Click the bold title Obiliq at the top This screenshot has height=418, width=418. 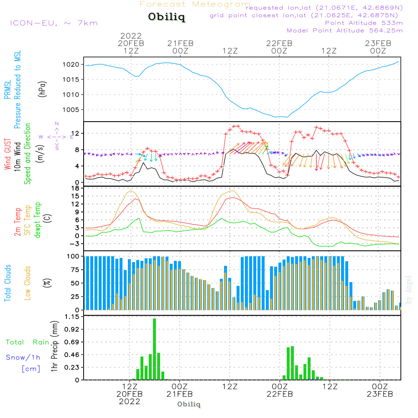coord(166,18)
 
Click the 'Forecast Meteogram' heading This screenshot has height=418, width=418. coord(195,5)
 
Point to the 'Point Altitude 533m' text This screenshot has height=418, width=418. coord(364,23)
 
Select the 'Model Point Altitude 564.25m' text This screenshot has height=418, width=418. coord(344,30)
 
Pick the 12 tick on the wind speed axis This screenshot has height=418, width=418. coord(76,133)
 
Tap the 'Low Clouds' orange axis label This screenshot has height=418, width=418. coord(28,283)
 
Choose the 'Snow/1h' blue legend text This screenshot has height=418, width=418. coord(23,357)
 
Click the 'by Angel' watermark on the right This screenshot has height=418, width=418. coord(409,289)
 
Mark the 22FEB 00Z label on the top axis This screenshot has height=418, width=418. coord(279,47)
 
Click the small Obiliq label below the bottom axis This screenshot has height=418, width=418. coord(189,404)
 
